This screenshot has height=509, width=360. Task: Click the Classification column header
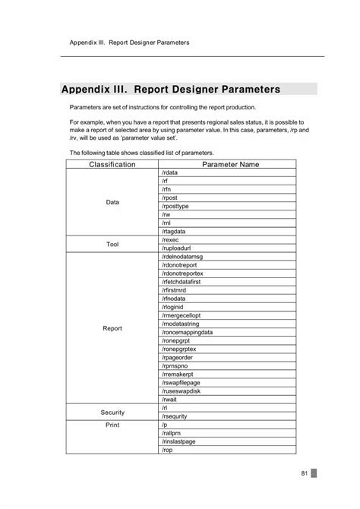tap(112, 164)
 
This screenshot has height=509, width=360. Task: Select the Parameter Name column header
tap(231, 164)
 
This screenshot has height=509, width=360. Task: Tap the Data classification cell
tap(112, 202)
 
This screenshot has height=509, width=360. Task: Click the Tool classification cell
tap(112, 244)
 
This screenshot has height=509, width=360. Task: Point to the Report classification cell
tap(112, 328)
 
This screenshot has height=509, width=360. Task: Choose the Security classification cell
tap(112, 412)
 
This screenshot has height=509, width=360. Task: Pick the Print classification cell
tap(112, 425)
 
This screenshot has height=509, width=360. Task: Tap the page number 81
tap(304, 473)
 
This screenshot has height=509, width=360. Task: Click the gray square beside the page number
tap(314, 473)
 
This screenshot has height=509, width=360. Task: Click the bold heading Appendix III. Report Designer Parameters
tap(171, 89)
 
